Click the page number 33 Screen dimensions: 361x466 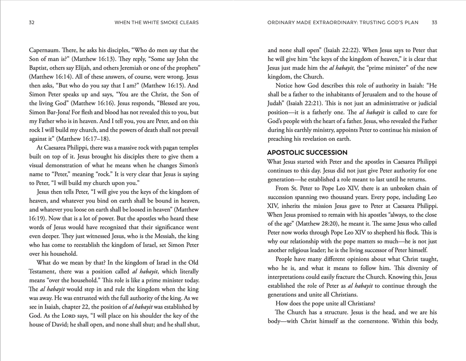(x=434, y=22)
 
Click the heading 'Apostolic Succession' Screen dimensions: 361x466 (x=307, y=152)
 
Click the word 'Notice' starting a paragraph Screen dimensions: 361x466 (x=285, y=85)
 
